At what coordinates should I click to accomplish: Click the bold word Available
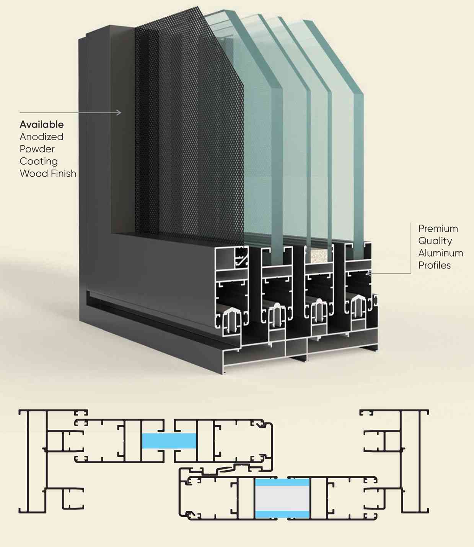point(42,125)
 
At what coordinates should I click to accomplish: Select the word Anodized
point(41,136)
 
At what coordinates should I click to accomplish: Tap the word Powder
point(37,149)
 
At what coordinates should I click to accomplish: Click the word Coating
point(39,162)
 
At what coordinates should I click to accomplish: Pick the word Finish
point(63,173)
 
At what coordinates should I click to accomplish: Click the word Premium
point(438,228)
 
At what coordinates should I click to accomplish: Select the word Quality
point(435,241)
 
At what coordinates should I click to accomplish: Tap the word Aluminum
point(441,253)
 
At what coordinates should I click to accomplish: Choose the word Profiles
point(435,265)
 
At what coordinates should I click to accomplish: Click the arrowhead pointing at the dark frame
point(119,112)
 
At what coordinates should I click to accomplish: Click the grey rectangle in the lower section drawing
point(282,498)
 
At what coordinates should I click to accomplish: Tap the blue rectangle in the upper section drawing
point(169,440)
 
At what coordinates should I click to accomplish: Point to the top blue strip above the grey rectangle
point(282,482)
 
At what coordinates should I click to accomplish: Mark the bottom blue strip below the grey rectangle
point(282,514)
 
